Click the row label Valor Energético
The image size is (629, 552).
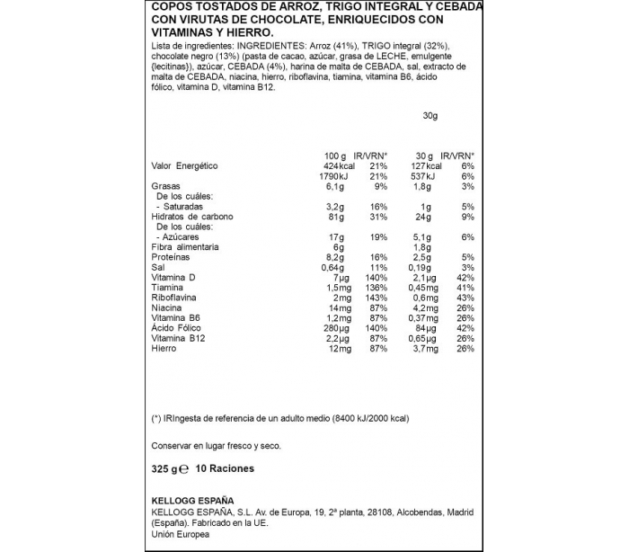click(184, 166)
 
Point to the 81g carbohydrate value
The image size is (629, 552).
click(337, 217)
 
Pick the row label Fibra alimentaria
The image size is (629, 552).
click(185, 247)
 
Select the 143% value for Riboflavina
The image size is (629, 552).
click(376, 298)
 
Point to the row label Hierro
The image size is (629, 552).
click(164, 348)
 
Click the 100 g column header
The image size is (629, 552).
click(335, 156)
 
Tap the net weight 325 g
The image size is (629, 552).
click(167, 468)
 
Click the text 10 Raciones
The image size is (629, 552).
click(225, 468)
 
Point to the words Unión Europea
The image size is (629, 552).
click(180, 534)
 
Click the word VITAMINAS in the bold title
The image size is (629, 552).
click(181, 33)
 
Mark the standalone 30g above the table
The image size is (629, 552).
click(430, 115)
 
